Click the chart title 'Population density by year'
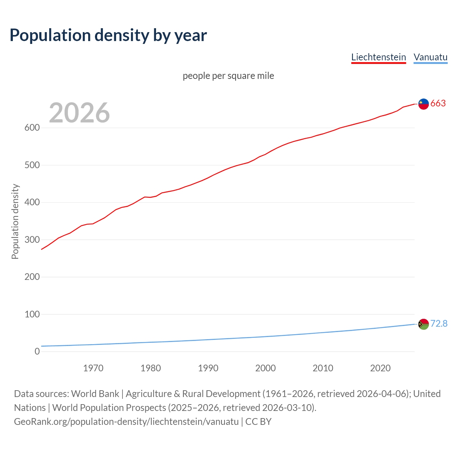tap(108, 35)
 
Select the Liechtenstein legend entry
tap(378, 57)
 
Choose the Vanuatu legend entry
tap(430, 57)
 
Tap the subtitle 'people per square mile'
tap(228, 76)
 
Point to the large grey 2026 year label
tap(79, 113)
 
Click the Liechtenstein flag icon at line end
tap(423, 104)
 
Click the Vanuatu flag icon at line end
tap(423, 324)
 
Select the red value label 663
tap(438, 104)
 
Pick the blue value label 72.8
tap(439, 324)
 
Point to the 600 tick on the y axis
tap(32, 128)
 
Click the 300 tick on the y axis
tap(32, 240)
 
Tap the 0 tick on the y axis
tap(37, 352)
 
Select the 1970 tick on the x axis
tap(93, 368)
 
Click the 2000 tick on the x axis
tap(265, 368)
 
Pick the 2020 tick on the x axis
tap(380, 368)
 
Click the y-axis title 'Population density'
tap(15, 221)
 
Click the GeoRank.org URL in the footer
tap(126, 422)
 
